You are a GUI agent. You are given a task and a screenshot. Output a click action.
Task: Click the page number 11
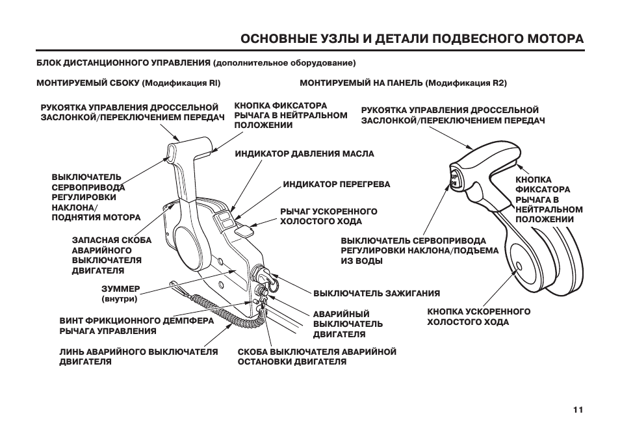tap(578, 409)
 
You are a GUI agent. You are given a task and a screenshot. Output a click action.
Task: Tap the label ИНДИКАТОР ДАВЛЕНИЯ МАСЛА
tap(304, 154)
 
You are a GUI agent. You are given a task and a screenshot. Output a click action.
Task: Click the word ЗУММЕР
tap(121, 288)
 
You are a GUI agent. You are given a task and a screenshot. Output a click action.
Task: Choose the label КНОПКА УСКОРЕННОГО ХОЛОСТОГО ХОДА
tap(478, 316)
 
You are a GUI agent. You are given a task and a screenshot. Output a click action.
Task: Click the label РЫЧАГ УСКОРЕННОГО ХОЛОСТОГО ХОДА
tap(328, 216)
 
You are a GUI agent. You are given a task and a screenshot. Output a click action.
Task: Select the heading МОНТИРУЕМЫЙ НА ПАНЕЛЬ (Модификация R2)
tap(402, 83)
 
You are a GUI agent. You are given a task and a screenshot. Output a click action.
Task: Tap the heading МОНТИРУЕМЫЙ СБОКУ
tap(88, 83)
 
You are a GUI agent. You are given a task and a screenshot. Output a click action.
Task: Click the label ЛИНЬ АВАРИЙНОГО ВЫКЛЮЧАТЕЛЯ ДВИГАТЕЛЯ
tap(138, 356)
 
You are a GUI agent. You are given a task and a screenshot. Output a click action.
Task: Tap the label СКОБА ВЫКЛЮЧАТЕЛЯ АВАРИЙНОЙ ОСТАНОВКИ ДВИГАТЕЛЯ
tap(316, 356)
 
